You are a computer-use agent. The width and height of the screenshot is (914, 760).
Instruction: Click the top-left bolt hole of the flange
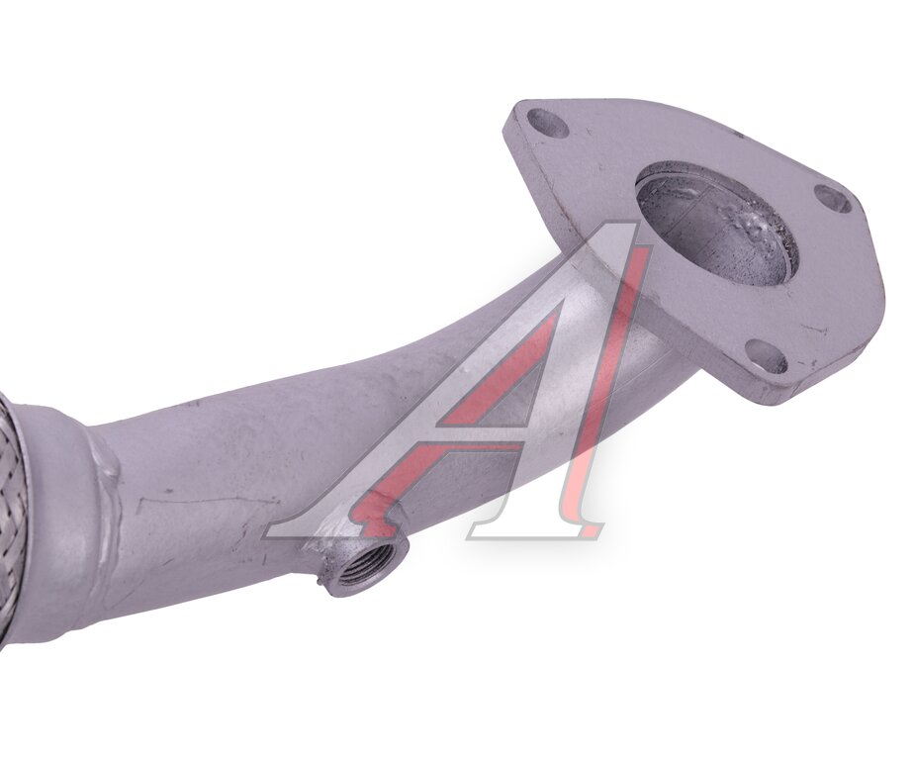[549, 123]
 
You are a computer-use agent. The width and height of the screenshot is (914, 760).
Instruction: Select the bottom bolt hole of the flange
[766, 356]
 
